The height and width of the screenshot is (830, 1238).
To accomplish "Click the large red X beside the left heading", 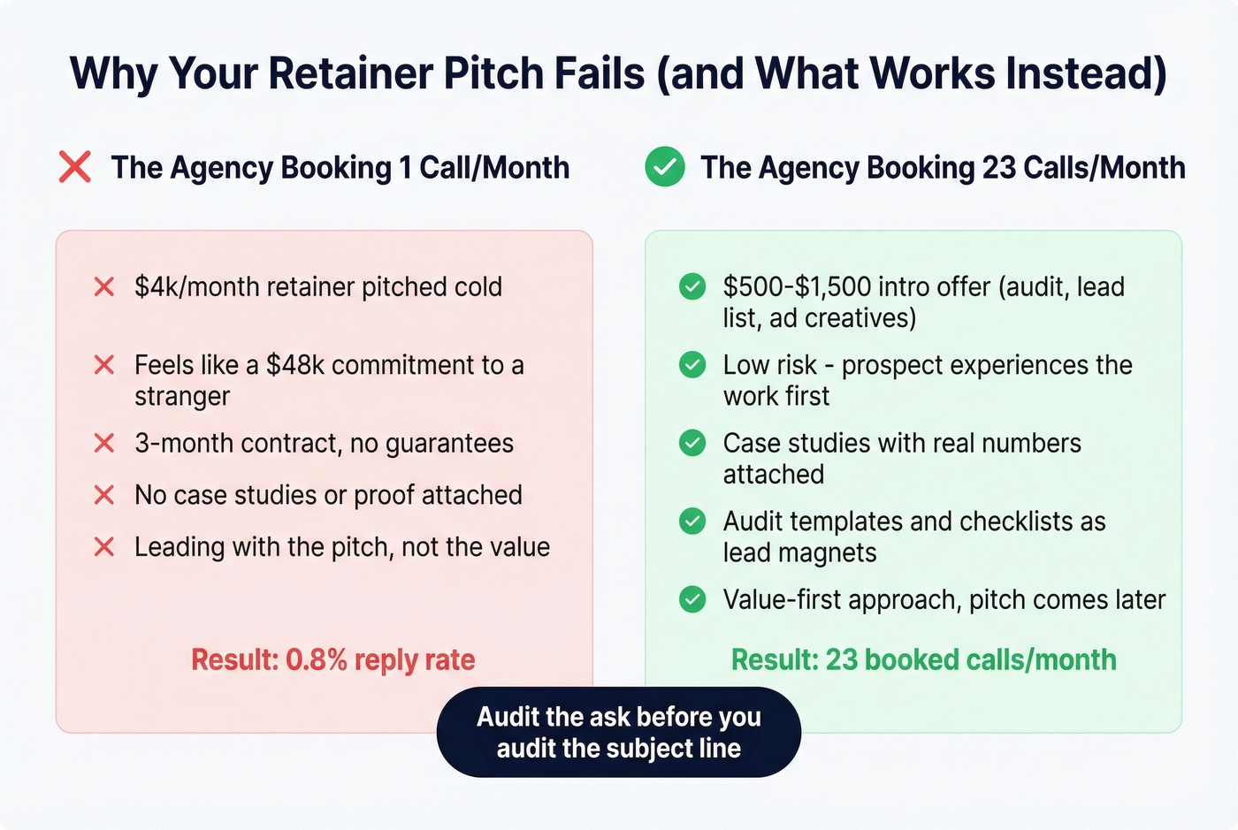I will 75,166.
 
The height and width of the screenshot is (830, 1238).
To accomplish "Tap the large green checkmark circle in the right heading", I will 665,166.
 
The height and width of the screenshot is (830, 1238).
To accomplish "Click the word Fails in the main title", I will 599,73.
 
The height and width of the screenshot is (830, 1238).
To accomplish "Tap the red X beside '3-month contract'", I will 104,443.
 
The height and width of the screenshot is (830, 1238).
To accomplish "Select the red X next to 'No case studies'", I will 104,495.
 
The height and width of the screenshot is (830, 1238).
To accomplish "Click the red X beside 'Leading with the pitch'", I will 104,547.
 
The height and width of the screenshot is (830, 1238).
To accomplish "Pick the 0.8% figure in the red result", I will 316,660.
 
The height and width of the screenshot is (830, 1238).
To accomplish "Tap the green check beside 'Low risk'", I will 692,365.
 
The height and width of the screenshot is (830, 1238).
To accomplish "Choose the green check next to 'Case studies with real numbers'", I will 692,443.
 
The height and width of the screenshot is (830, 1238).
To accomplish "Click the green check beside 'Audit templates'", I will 692,522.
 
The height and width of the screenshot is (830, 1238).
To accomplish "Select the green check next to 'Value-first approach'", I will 692,599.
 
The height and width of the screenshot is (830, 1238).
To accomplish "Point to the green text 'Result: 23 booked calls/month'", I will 923,660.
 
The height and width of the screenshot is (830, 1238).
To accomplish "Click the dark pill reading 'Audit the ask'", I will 619,732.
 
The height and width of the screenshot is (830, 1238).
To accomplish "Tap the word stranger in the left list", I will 182,397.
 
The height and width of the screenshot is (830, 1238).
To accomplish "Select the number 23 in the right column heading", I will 998,167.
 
